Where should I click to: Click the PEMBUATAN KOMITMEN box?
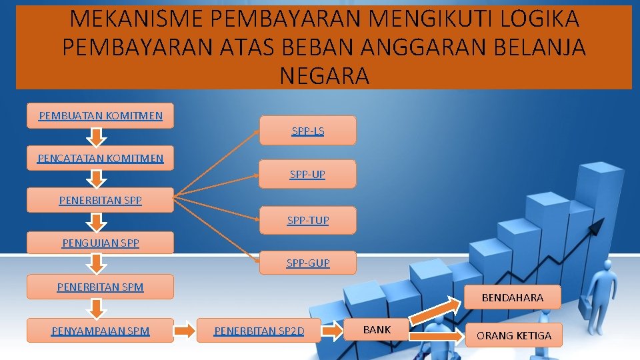(100, 115)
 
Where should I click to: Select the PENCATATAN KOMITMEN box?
(100, 158)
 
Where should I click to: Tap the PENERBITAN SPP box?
(100, 200)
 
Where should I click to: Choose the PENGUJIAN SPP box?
(100, 243)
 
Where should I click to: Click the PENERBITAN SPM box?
(100, 287)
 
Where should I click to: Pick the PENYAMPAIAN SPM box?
(100, 331)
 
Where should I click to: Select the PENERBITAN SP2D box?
(259, 331)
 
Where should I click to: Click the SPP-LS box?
(307, 131)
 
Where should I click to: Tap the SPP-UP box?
(307, 174)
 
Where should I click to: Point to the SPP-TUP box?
(307, 220)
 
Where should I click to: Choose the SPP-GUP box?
(307, 263)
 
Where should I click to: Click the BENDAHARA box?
(512, 297)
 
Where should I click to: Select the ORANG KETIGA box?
(513, 335)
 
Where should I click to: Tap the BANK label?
(377, 329)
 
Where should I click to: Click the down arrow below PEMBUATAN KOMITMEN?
(97, 137)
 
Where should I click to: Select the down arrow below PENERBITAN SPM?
(97, 309)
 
